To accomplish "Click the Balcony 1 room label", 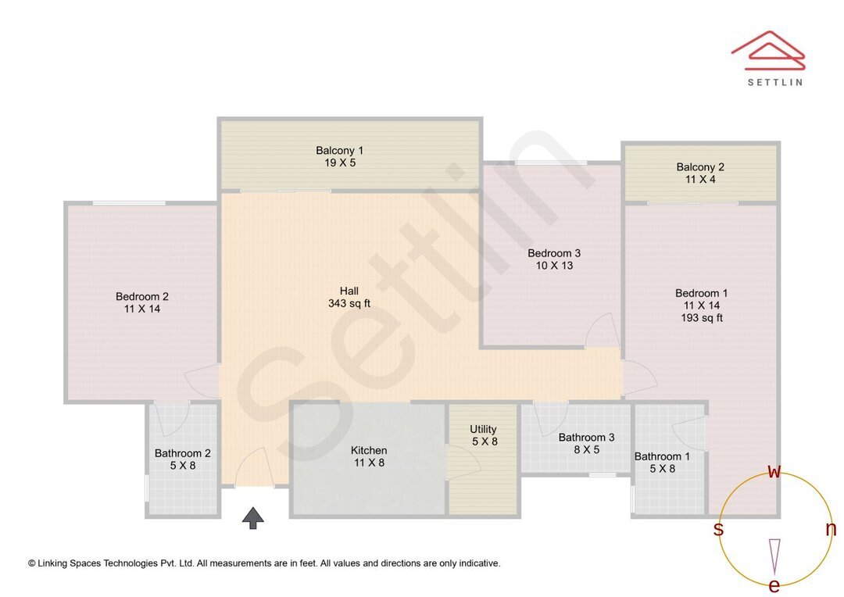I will (339, 150).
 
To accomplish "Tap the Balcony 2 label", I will (700, 166).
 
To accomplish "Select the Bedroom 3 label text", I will (554, 253).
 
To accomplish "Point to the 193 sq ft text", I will (701, 318).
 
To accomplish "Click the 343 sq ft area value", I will (349, 303).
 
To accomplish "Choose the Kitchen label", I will (369, 450).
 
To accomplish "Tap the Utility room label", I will (483, 429).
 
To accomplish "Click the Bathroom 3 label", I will (586, 438).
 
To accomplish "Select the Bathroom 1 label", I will (662, 456).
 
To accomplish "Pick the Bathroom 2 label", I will (182, 452).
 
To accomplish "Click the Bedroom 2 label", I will (142, 296).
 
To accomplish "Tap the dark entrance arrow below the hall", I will (252, 517).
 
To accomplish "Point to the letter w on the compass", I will (774, 471).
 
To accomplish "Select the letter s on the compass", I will (718, 529).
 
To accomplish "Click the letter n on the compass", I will (831, 529).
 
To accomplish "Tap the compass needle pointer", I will (774, 555).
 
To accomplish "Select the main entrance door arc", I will (255, 469).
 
